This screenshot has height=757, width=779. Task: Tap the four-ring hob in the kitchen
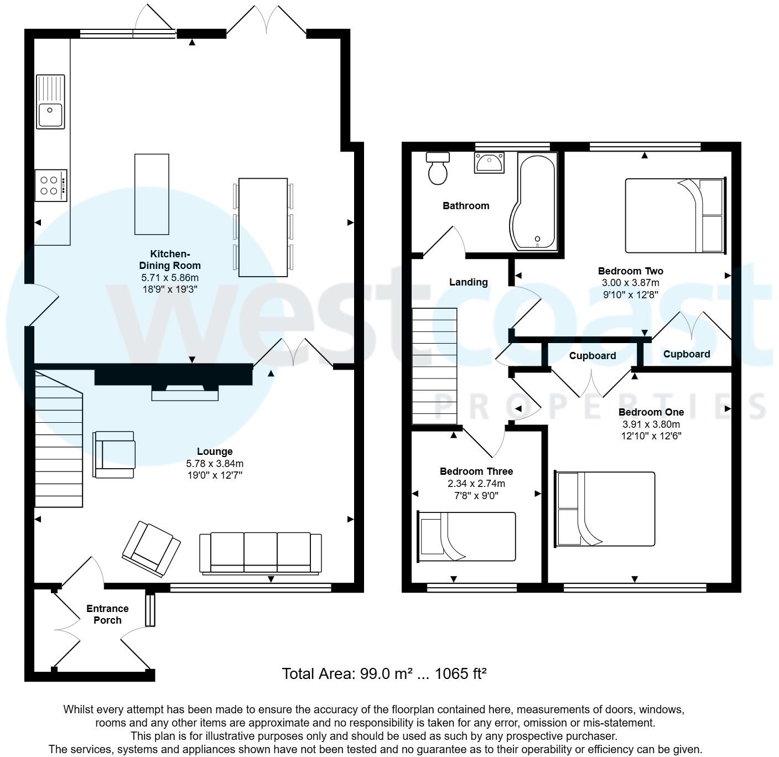point(51,185)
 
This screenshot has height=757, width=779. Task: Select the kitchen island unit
point(152,194)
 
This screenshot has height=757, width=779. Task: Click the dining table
point(263,227)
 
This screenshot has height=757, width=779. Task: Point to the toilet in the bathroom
point(438,168)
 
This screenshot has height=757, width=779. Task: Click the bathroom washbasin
point(489,163)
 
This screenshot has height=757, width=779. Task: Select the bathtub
point(533,201)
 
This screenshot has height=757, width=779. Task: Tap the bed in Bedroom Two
point(676,216)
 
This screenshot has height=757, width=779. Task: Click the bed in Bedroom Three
point(466,536)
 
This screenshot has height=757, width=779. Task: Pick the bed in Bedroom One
point(605,509)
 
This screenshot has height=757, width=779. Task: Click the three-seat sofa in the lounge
point(261,553)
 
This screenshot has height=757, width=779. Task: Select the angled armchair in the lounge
point(151,549)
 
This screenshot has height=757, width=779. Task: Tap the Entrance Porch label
point(107,614)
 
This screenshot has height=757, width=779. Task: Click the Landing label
point(469,282)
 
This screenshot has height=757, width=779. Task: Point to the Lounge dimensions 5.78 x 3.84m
point(215,464)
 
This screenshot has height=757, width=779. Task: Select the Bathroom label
point(466,206)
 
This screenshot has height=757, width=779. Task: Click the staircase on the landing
point(435,366)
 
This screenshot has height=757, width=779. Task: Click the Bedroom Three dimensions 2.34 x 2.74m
point(476,484)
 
